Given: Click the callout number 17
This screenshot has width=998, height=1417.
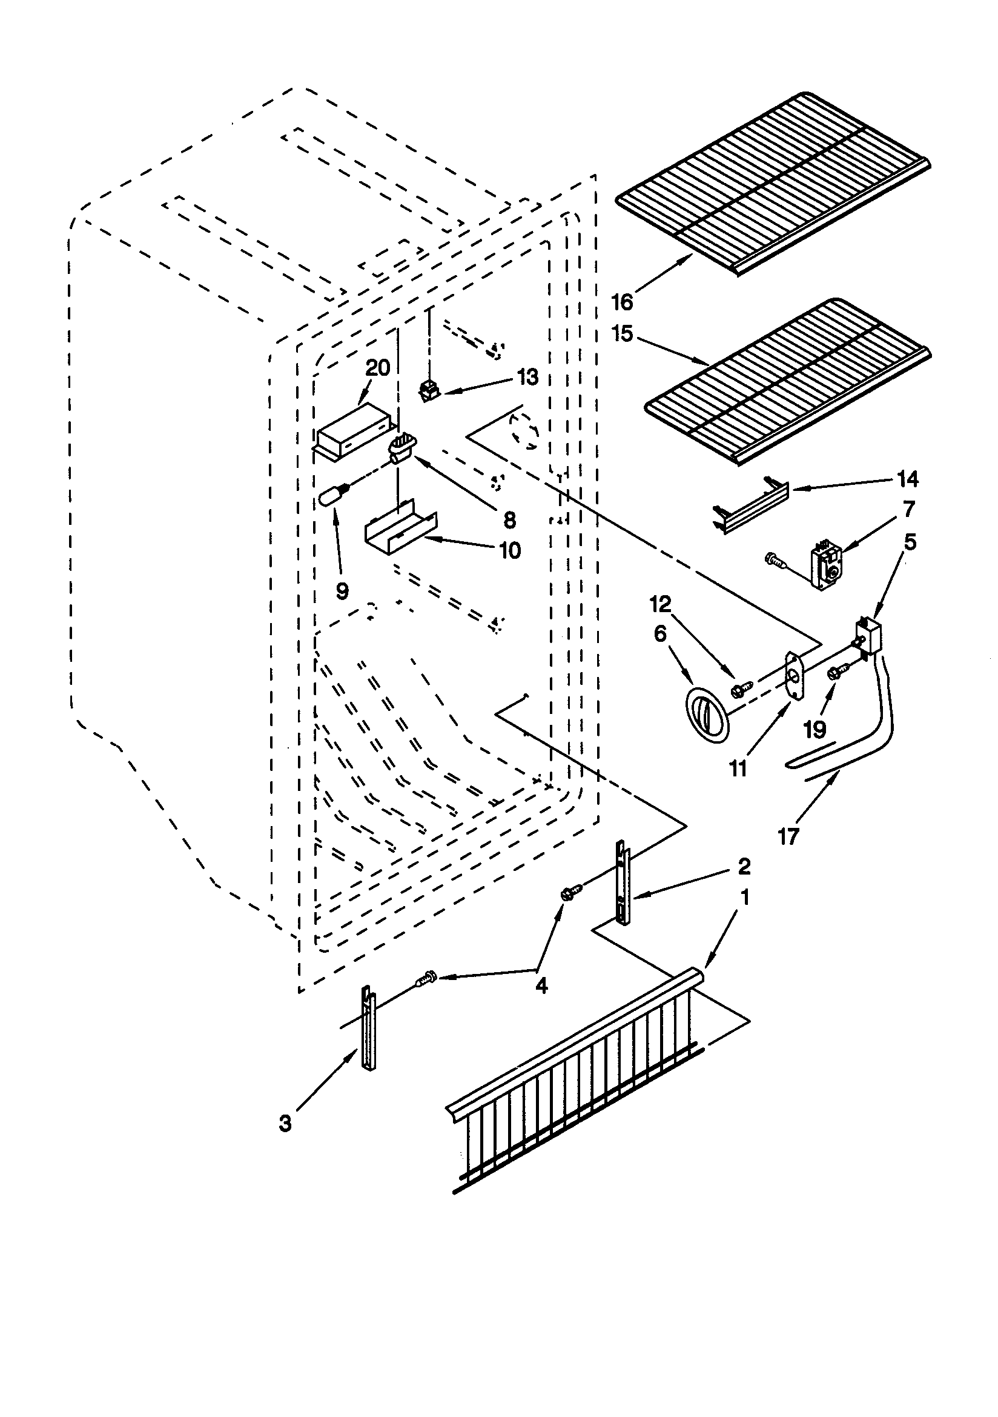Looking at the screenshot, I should click(788, 837).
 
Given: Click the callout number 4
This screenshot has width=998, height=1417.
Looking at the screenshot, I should click(541, 985).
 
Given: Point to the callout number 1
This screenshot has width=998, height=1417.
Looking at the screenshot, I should click(745, 897).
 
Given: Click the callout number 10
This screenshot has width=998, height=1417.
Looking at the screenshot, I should click(510, 550).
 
